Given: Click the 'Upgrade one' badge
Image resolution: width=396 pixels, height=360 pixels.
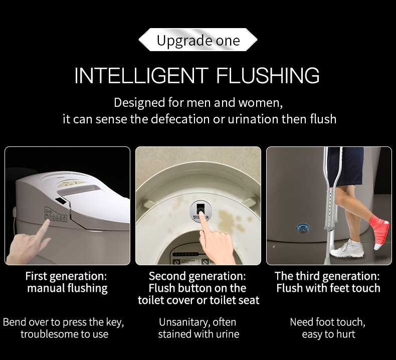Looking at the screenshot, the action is click(x=198, y=40).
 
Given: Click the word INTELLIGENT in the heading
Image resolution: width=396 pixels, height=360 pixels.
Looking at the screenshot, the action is click(x=141, y=75).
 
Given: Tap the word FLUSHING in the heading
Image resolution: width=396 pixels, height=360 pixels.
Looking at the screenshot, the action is click(x=268, y=75).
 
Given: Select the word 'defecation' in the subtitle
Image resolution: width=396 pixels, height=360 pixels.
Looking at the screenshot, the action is click(x=180, y=119).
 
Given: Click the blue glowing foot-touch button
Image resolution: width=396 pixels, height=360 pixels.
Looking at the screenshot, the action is click(x=303, y=228).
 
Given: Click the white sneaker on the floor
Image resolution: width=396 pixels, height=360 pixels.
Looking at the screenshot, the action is click(x=347, y=249).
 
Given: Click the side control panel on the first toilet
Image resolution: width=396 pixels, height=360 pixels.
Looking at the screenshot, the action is click(x=56, y=215).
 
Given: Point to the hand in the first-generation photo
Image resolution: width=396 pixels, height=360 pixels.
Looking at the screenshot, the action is click(x=28, y=243).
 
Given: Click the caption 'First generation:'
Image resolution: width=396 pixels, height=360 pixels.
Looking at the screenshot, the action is click(x=66, y=276).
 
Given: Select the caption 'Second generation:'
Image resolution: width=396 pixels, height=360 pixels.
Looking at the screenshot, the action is click(x=197, y=276).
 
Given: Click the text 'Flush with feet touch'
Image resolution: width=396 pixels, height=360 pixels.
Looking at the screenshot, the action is click(x=328, y=288).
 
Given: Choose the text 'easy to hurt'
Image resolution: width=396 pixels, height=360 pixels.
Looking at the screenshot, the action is click(x=328, y=334).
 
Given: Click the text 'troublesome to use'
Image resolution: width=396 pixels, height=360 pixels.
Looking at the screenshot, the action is click(x=64, y=334).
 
